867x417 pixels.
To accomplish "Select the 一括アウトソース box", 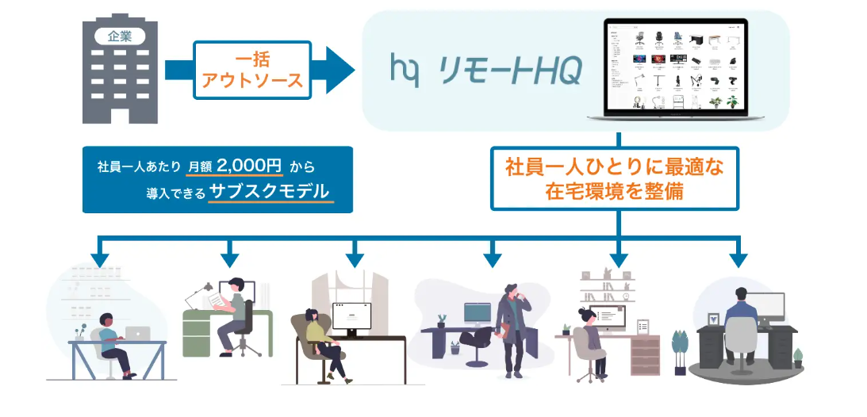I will (251, 69).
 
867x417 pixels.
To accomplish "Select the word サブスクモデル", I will (270, 192).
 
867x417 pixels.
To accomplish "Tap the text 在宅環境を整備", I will (614, 191).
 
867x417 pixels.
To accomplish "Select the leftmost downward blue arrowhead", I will (99, 259).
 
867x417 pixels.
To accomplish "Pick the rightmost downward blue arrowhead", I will (738, 259).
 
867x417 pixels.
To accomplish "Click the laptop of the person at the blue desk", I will (138, 334).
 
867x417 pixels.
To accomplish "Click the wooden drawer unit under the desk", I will (643, 354).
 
